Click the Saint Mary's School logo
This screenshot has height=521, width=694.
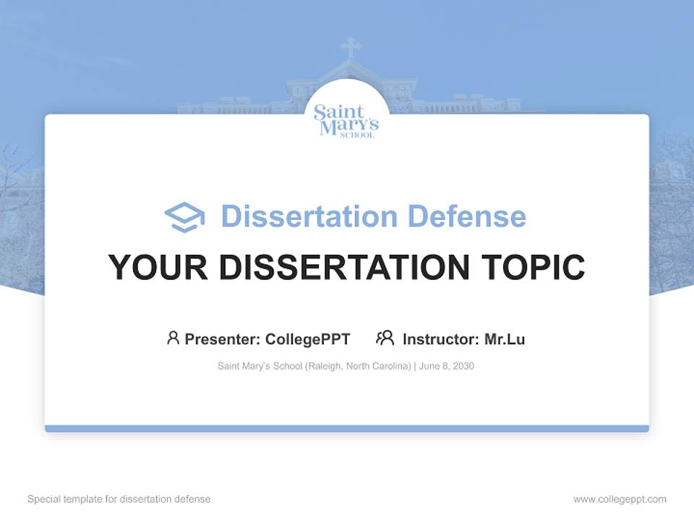(x=346, y=120)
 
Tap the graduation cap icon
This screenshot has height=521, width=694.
(x=184, y=216)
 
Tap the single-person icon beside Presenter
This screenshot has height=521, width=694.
(x=173, y=338)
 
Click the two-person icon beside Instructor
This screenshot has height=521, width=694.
(x=385, y=338)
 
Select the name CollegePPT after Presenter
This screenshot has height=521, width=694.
(x=307, y=339)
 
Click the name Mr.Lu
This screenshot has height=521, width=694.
(x=505, y=339)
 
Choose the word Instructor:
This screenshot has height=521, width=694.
(x=440, y=339)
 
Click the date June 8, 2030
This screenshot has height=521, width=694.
(x=446, y=366)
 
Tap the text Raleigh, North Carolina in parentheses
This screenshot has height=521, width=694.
(x=358, y=366)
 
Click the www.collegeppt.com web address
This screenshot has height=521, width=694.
(x=620, y=499)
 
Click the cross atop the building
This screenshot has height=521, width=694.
(x=351, y=48)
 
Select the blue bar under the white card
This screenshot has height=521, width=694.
(x=347, y=428)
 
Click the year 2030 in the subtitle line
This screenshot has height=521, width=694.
(x=463, y=366)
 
